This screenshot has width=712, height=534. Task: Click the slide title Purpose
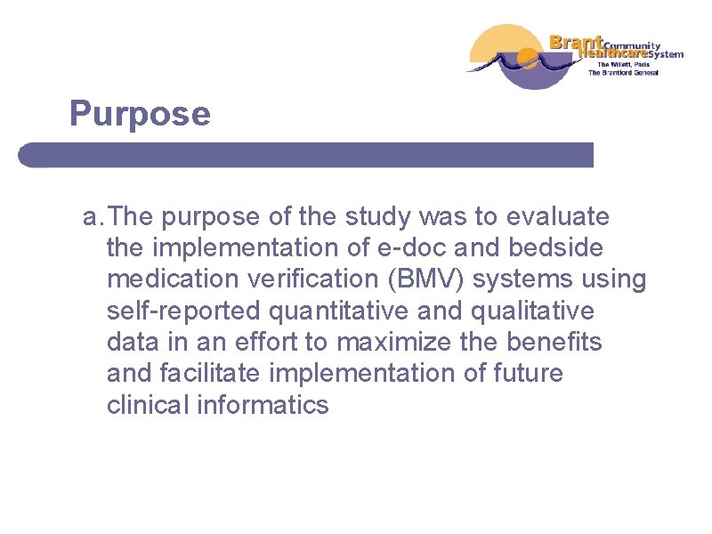141,114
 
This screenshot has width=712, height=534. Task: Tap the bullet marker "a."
94,217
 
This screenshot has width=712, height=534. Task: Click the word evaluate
558,217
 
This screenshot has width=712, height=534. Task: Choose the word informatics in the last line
276,404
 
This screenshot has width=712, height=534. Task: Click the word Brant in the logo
577,42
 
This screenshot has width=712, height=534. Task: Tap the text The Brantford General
622,73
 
